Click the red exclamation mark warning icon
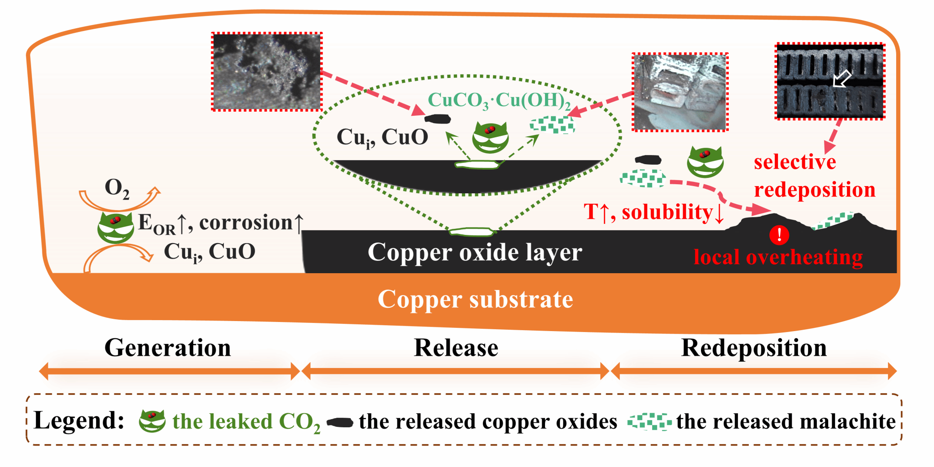(x=779, y=235)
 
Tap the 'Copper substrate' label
(x=475, y=300)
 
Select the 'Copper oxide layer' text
(x=475, y=252)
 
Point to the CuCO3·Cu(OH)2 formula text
(x=499, y=100)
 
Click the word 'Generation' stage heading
(x=167, y=348)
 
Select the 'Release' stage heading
(x=456, y=348)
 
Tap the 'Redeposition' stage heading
(x=753, y=348)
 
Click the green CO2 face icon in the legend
(x=152, y=420)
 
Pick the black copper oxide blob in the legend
(x=340, y=422)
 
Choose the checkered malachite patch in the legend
(x=649, y=422)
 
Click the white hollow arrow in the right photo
(x=842, y=78)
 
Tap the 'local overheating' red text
(x=778, y=257)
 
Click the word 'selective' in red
(x=794, y=162)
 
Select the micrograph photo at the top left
(x=267, y=72)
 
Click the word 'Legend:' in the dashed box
(x=79, y=420)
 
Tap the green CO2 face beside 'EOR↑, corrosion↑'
(x=115, y=228)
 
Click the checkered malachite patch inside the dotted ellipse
(x=552, y=125)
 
